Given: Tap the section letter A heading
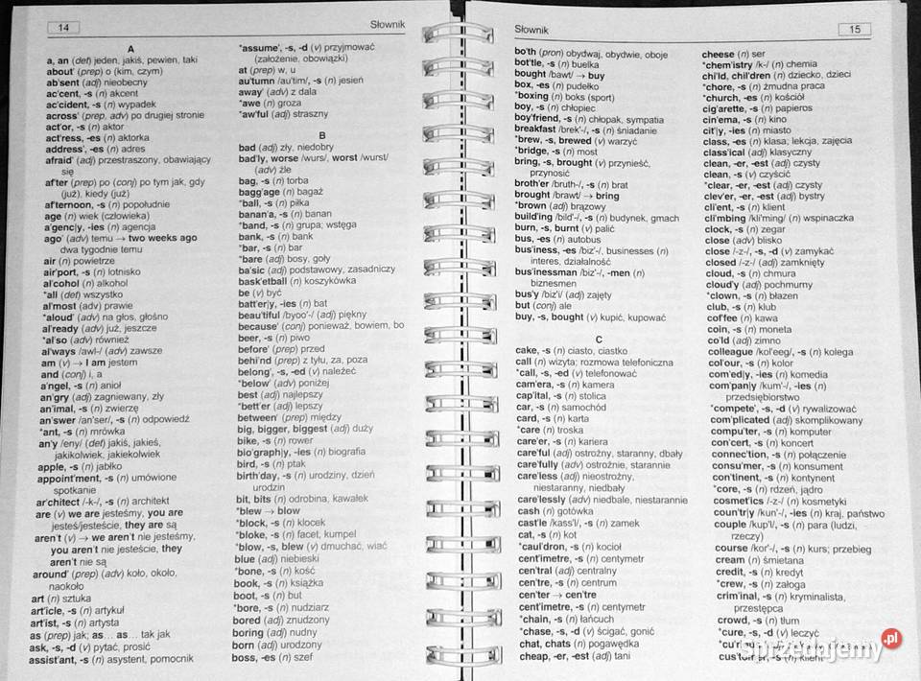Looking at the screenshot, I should point(130,48).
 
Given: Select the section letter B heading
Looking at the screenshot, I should point(322,135).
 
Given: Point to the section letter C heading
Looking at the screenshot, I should point(599,339).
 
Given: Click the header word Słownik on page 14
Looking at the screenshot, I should point(388,25).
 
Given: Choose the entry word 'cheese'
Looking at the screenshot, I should point(720,54).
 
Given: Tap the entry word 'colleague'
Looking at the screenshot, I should point(736,351).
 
